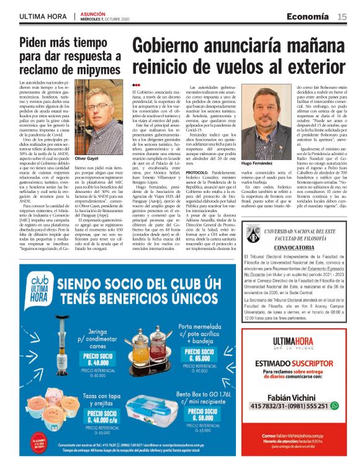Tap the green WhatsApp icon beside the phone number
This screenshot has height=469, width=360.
tap(335, 405)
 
